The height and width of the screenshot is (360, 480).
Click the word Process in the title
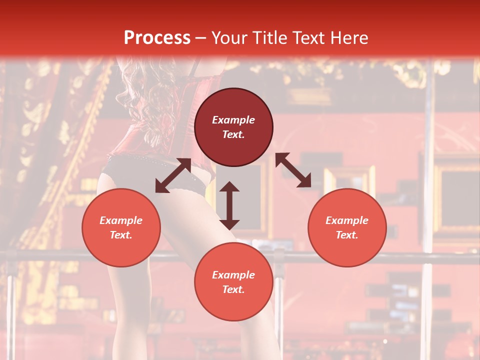click(157, 38)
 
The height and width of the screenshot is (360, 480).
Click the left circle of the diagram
click(121, 228)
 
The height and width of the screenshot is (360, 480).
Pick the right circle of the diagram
click(347, 228)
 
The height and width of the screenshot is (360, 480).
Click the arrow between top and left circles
click(173, 175)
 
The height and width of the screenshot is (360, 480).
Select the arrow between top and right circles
click(293, 170)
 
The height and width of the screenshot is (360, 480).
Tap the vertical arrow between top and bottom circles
click(229, 205)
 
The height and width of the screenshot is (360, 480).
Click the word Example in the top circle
click(233, 120)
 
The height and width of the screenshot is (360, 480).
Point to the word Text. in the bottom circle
click(233, 289)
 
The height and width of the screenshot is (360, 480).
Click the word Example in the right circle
click(347, 220)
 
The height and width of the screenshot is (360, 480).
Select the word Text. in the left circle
click(121, 235)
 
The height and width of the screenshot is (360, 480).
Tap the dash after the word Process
click(200, 38)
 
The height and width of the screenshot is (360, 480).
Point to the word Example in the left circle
click(121, 220)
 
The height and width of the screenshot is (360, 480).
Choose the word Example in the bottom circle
click(233, 275)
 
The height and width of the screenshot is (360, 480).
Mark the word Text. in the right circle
click(347, 235)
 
